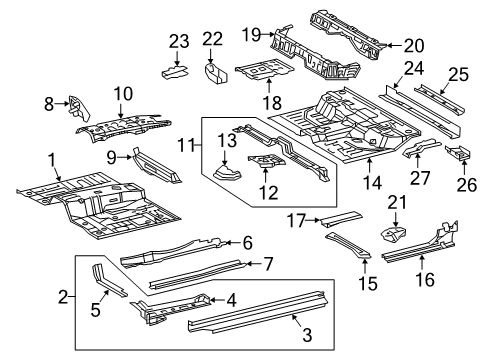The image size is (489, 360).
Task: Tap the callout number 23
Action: click(178, 40)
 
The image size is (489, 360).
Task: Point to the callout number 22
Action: click(212, 38)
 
